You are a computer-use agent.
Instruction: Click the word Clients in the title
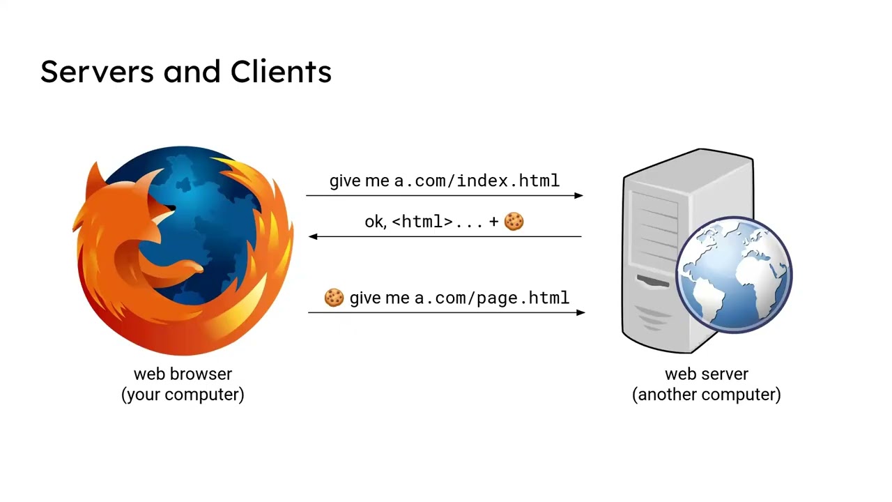point(281,72)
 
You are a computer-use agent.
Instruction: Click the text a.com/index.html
point(477,181)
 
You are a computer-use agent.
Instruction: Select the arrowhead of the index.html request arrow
point(578,196)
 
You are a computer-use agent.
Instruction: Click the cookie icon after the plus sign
point(514,222)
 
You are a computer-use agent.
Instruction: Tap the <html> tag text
point(422,222)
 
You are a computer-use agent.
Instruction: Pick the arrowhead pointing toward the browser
point(313,236)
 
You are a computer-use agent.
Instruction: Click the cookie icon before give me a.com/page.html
point(334,298)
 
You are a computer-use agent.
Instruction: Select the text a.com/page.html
point(492,298)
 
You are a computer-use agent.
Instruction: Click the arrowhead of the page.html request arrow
point(580,312)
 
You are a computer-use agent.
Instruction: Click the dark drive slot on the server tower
point(653,281)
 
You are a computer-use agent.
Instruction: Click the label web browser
point(183,374)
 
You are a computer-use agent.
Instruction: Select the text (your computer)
point(183,395)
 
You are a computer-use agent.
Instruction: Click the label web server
point(706,374)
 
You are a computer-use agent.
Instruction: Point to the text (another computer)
point(706,395)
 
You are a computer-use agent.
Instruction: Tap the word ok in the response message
point(374,222)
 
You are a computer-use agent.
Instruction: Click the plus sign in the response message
point(494,222)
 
